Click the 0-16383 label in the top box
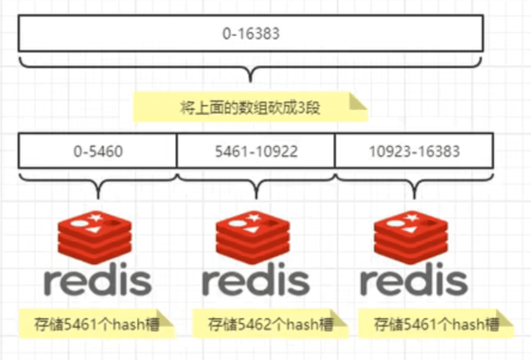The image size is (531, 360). pyautogui.click(x=251, y=34)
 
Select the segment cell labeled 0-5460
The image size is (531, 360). pyautogui.click(x=98, y=151)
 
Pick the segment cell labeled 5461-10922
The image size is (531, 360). pyautogui.click(x=256, y=151)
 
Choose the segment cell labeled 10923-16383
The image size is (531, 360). pyautogui.click(x=414, y=151)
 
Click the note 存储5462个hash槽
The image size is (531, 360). pyautogui.click(x=270, y=323)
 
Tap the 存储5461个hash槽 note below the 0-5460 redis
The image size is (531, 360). pyautogui.click(x=96, y=323)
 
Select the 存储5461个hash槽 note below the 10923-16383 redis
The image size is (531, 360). pyautogui.click(x=436, y=323)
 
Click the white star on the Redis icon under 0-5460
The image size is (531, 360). pyautogui.click(x=96, y=217)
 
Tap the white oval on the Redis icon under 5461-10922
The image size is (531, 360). pyautogui.click(x=237, y=223)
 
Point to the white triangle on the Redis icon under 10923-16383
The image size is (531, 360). pyautogui.click(x=409, y=230)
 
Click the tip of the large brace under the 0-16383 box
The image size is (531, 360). pyautogui.click(x=251, y=81)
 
